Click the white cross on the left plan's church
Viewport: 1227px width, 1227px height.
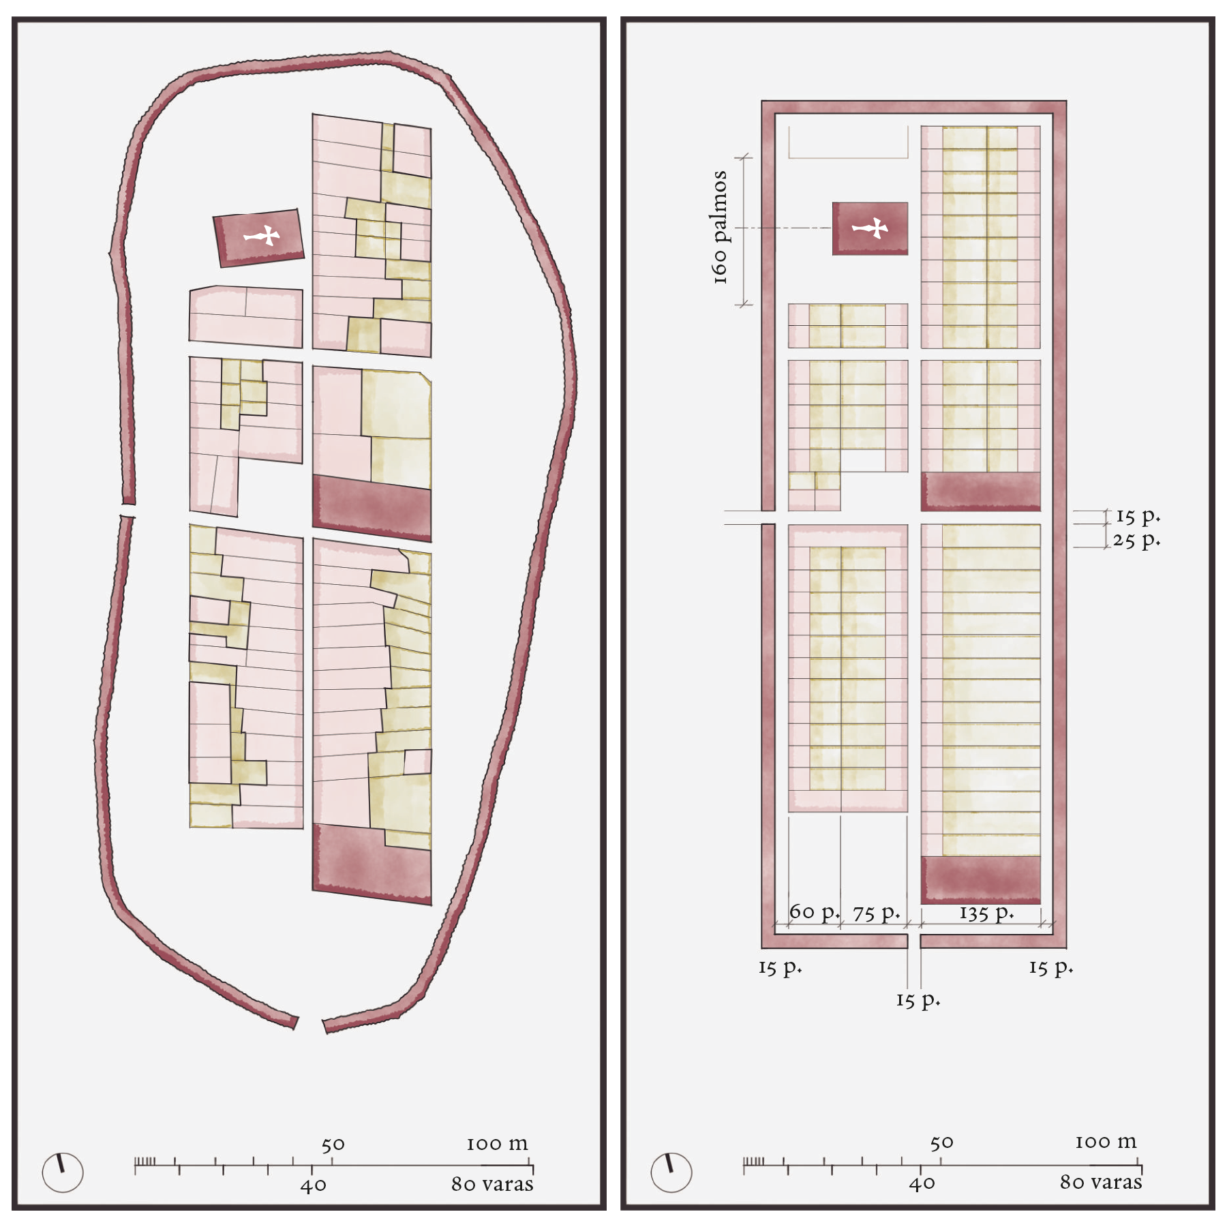tap(262, 236)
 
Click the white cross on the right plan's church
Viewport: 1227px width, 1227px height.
tap(870, 228)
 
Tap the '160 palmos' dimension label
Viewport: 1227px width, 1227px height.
tap(720, 227)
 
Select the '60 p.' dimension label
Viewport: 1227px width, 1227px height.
tap(814, 912)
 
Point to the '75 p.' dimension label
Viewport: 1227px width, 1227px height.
tap(877, 913)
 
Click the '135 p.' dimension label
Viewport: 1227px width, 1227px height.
tap(986, 913)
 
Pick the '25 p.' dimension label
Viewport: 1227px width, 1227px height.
tap(1136, 541)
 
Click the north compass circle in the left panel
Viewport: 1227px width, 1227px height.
tap(63, 1172)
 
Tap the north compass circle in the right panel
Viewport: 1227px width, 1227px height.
tap(671, 1172)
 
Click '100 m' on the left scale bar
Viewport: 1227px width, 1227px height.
tap(497, 1144)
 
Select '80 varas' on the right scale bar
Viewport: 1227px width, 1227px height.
tap(1100, 1183)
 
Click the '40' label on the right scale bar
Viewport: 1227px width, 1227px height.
tap(922, 1184)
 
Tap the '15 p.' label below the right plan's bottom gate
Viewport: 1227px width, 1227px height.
tap(918, 1001)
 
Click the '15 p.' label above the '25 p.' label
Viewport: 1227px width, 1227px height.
tap(1138, 517)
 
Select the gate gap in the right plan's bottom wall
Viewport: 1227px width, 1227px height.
tap(914, 941)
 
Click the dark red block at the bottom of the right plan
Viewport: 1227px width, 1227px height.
tap(980, 879)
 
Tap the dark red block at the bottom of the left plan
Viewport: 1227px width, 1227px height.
tap(372, 862)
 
